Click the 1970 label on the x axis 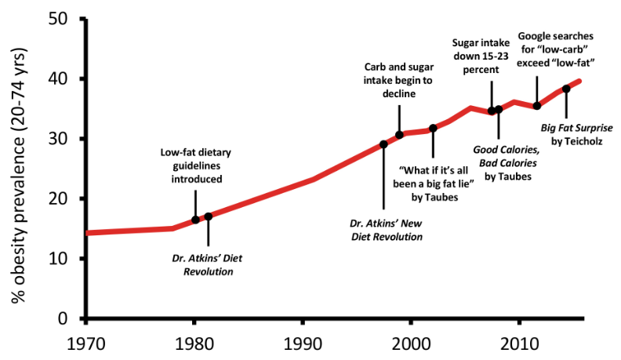[86, 344]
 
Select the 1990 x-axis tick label [303, 344]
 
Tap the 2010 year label [520, 344]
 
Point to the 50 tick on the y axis [58, 19]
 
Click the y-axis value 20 [58, 198]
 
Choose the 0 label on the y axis [63, 318]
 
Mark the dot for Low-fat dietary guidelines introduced [195, 220]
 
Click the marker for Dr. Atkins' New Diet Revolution [383, 144]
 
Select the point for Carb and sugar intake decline [399, 135]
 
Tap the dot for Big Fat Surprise [566, 89]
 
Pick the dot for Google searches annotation [537, 106]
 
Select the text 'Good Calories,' [507, 150]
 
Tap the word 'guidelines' [197, 166]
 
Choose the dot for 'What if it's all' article [433, 128]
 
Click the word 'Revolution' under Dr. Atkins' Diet [209, 271]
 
